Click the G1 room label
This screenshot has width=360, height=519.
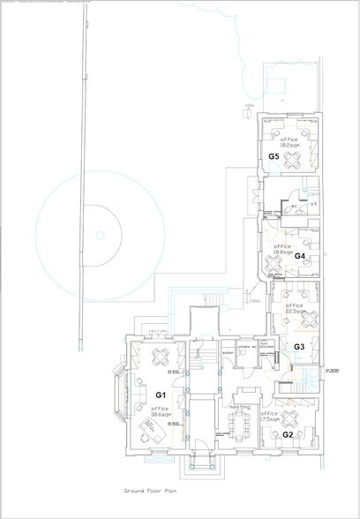tap(161, 394)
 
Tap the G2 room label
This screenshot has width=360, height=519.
tap(287, 434)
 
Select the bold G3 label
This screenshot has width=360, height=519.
tap(298, 347)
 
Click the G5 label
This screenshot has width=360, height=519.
tap(274, 156)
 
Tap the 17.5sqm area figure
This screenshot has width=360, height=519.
tap(270, 419)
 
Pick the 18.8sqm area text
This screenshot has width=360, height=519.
tap(282, 251)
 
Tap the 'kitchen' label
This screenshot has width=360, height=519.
tap(268, 347)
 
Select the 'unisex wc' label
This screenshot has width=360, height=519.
tap(247, 347)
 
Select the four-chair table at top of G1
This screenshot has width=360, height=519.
tap(161, 357)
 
